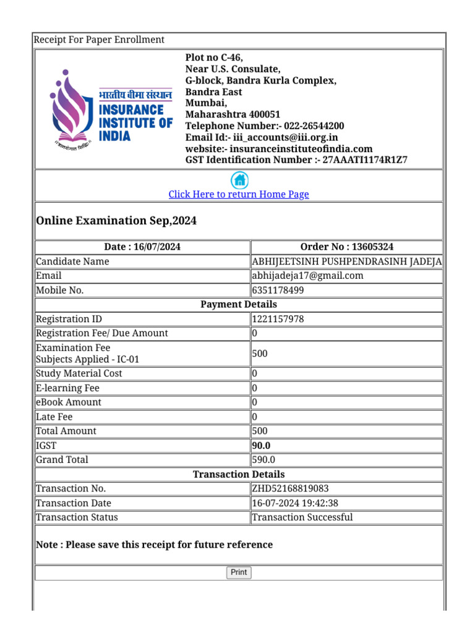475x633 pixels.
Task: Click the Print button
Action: click(x=239, y=572)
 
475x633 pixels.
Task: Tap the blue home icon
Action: click(x=239, y=181)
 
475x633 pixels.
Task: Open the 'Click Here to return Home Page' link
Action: click(x=239, y=194)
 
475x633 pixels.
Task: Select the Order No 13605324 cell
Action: click(x=346, y=247)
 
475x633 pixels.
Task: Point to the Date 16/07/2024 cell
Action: click(x=142, y=247)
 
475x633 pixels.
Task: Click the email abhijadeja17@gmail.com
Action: click(x=307, y=276)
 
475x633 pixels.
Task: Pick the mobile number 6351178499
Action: click(x=278, y=290)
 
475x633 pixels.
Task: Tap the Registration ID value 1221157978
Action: click(x=278, y=319)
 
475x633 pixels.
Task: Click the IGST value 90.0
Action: click(x=261, y=445)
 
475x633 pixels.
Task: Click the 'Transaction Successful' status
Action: click(x=302, y=517)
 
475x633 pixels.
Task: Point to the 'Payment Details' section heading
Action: click(x=239, y=304)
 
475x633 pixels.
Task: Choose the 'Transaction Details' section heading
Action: click(x=239, y=474)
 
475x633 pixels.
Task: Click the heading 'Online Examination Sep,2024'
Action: click(x=116, y=221)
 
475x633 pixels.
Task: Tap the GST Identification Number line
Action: click(x=296, y=159)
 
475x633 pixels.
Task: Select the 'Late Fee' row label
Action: click(x=54, y=417)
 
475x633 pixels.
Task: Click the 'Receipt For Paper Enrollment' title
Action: click(x=99, y=40)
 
